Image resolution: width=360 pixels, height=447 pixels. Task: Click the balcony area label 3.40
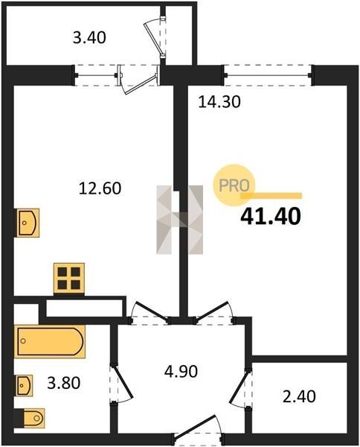[x=89, y=38]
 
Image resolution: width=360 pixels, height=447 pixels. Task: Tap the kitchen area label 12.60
[x=100, y=188]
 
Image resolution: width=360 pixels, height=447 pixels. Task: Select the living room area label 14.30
[x=219, y=102]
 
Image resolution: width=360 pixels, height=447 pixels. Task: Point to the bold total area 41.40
[x=270, y=216]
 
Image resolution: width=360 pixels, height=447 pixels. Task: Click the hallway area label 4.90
[x=181, y=372]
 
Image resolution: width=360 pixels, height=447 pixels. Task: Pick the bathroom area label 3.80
[x=64, y=383]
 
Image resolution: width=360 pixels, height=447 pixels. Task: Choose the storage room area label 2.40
[x=299, y=396]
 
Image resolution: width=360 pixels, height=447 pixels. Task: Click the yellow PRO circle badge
[x=234, y=186]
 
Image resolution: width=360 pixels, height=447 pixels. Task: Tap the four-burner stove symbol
[x=69, y=279]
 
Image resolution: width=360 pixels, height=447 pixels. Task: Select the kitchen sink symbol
[x=28, y=223]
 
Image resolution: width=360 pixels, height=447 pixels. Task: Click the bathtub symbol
[x=50, y=341]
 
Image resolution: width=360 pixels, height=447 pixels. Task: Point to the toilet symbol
[x=33, y=418]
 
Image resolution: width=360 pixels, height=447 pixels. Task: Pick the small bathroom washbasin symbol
[x=25, y=385]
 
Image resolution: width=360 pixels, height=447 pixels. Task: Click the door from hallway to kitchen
[x=150, y=313]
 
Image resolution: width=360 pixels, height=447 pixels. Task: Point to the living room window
[x=268, y=75]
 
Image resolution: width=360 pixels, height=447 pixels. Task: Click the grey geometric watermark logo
[x=179, y=220]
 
